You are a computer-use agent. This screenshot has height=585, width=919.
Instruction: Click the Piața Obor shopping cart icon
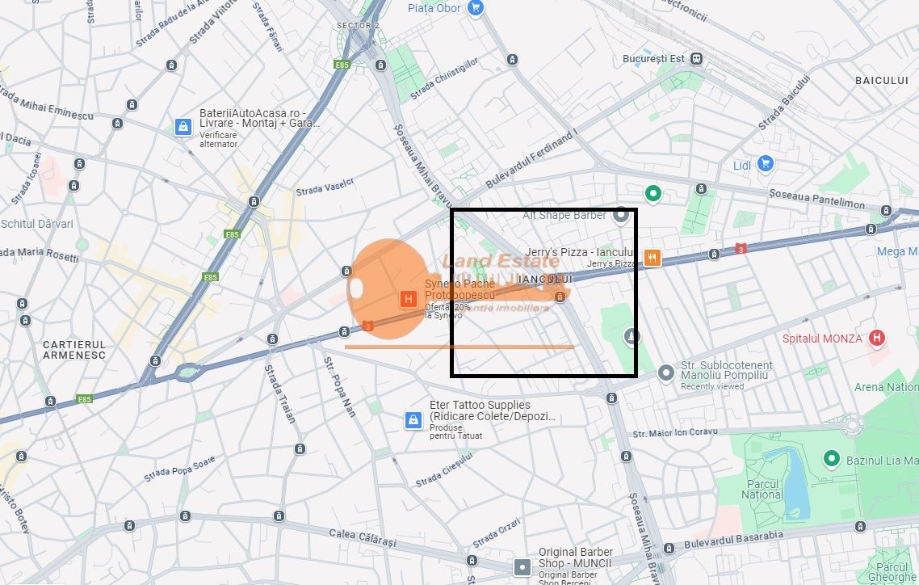click(476, 8)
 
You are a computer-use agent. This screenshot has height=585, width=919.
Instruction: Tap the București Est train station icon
click(696, 59)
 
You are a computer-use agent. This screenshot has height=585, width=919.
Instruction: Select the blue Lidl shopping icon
click(766, 165)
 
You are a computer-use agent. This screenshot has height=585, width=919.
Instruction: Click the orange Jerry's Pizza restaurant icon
click(653, 258)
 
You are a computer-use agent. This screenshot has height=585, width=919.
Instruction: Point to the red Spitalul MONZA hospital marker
click(877, 338)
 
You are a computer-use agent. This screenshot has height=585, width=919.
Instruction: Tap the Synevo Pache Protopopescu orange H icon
click(409, 300)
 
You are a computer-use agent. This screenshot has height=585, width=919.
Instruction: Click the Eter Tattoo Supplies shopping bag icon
click(413, 419)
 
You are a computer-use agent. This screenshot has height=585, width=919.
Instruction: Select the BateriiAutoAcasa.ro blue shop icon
click(183, 127)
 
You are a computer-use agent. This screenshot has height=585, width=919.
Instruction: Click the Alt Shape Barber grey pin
click(620, 215)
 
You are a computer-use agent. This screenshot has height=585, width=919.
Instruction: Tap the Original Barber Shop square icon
click(522, 567)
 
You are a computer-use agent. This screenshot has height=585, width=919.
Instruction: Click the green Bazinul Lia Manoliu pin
click(831, 460)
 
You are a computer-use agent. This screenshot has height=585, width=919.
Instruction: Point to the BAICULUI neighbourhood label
click(882, 80)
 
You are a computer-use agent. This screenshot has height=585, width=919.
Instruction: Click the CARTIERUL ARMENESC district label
click(74, 350)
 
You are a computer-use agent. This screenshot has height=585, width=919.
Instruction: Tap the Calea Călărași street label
click(363, 537)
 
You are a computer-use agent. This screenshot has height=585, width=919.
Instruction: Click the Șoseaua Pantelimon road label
click(816, 199)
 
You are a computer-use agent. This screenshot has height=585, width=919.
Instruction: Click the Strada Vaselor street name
click(325, 187)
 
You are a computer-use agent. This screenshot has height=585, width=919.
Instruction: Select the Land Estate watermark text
click(500, 261)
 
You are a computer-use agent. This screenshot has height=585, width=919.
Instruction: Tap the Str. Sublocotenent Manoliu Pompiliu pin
click(665, 372)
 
